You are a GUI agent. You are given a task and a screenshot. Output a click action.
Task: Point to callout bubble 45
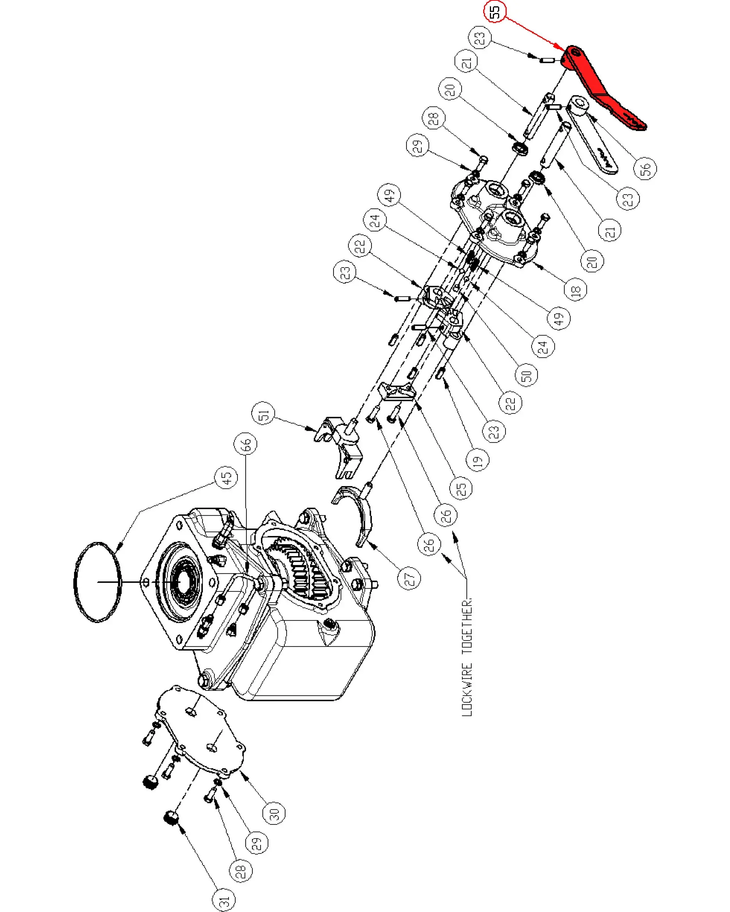point(226,478)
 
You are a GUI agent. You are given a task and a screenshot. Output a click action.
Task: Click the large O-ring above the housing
point(98,581)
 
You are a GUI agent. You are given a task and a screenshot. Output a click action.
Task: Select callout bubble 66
point(245,444)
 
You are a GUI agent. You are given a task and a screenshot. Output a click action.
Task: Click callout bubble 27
point(409,578)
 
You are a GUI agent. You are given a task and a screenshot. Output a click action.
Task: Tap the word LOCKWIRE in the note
point(466,688)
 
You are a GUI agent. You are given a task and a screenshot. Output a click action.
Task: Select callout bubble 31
point(224,900)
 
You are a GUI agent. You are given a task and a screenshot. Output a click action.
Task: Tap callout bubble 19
point(477,460)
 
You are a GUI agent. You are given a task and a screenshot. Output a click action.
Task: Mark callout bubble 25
point(461,488)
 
